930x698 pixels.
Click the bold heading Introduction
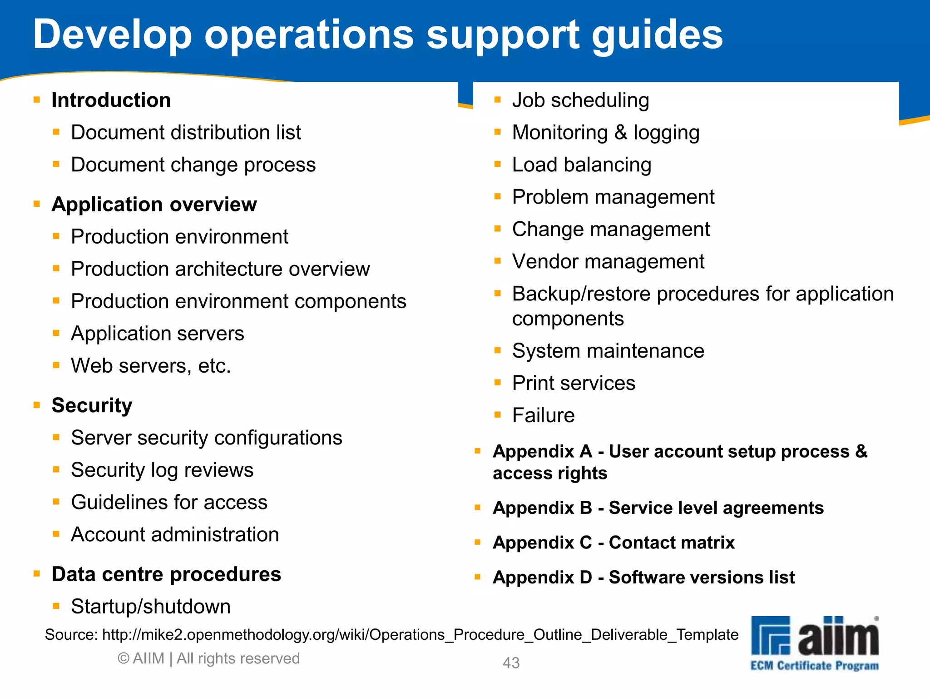click(x=111, y=100)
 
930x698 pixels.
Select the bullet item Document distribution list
click(x=186, y=133)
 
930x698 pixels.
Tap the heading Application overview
click(x=154, y=204)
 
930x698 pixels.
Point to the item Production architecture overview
click(x=220, y=269)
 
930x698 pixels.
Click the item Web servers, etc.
click(x=151, y=366)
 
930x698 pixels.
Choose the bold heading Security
click(x=92, y=405)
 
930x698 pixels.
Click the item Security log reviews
click(x=162, y=470)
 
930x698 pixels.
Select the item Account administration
click(x=175, y=535)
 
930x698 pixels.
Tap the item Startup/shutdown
click(x=151, y=607)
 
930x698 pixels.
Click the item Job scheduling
click(x=580, y=100)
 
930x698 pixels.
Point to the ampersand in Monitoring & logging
click(x=620, y=133)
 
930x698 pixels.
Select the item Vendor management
click(x=608, y=262)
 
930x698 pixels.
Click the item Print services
click(x=574, y=383)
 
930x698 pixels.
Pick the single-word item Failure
click(x=543, y=415)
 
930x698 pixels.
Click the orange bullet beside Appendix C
click(x=477, y=542)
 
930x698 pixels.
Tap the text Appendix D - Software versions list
click(x=643, y=577)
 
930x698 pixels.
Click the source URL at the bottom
click(x=420, y=634)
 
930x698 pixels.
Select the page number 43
click(x=511, y=663)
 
